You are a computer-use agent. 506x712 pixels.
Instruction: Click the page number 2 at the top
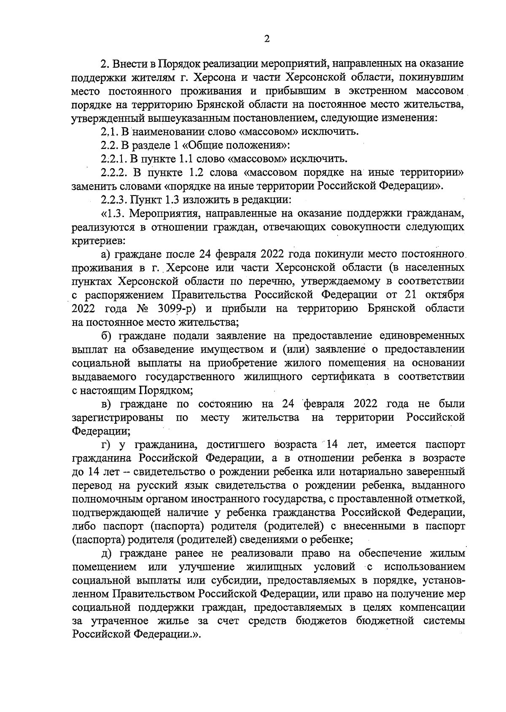pos(266,39)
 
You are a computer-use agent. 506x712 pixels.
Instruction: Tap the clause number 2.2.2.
pos(115,172)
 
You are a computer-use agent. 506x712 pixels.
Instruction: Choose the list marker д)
pos(105,553)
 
